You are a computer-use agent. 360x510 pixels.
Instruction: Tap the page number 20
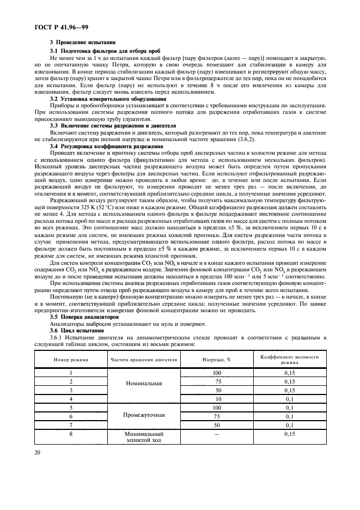pos(39,451)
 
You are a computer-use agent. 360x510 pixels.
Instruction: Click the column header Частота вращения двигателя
pos(144,360)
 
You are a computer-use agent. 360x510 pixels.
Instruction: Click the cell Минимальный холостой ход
pos(144,437)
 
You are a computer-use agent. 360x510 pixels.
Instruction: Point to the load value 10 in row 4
pos(217,399)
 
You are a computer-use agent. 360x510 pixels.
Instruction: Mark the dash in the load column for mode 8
pos(217,434)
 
